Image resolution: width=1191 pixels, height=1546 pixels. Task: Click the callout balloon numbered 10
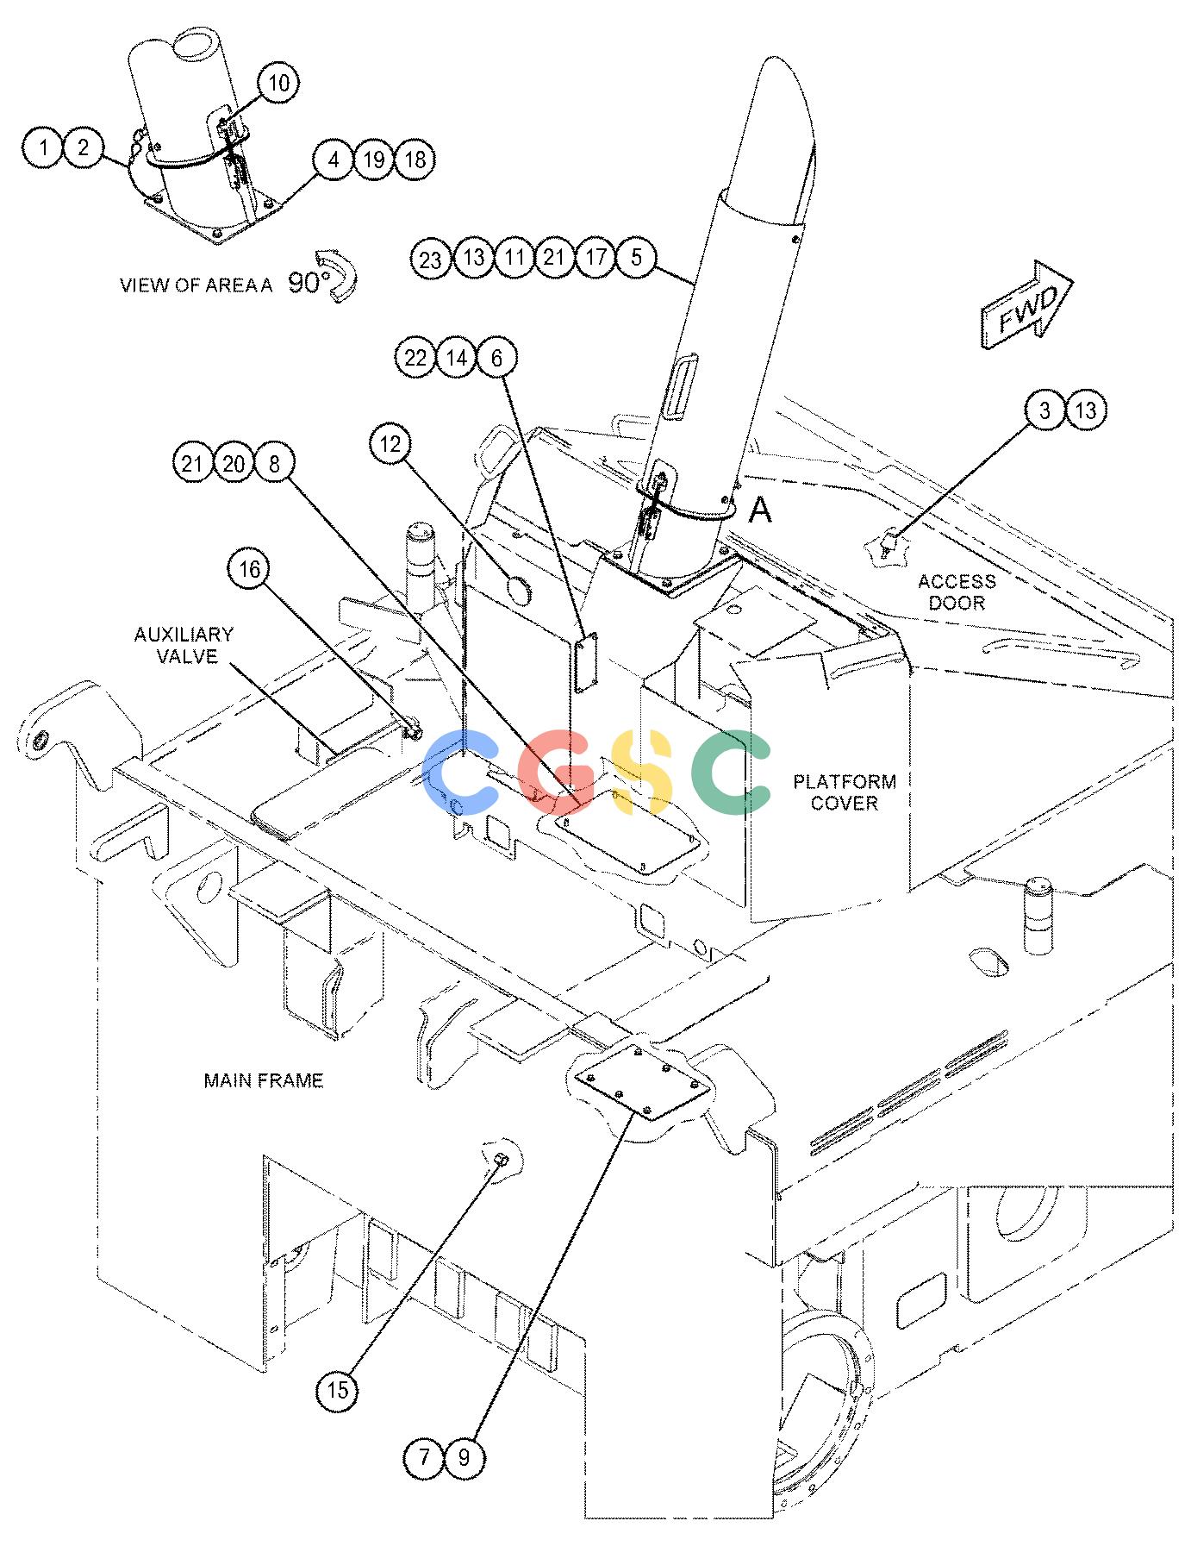(x=277, y=84)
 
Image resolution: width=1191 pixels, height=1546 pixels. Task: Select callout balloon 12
(x=390, y=443)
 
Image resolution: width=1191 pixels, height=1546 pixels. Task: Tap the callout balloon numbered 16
(x=249, y=569)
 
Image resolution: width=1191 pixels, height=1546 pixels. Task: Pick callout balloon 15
(x=338, y=1390)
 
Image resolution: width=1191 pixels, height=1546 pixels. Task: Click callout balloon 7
(x=424, y=1457)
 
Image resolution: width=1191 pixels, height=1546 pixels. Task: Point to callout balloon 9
(x=465, y=1457)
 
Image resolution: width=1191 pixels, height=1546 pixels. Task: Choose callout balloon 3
(x=1045, y=410)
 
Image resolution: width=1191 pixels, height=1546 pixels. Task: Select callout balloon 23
(x=431, y=258)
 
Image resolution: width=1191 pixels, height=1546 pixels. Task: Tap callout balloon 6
(x=496, y=357)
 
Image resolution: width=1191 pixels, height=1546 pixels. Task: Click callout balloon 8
(x=274, y=464)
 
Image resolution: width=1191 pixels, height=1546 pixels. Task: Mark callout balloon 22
(x=415, y=357)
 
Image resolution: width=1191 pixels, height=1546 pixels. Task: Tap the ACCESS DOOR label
(x=957, y=591)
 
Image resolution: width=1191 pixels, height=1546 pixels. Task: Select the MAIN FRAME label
(x=264, y=1080)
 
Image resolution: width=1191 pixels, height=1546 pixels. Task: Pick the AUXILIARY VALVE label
(x=184, y=645)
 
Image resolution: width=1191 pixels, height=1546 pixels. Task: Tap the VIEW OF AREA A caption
(x=196, y=285)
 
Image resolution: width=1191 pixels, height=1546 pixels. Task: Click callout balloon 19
(x=373, y=160)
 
